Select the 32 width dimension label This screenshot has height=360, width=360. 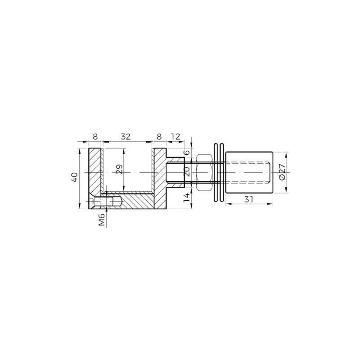click(126, 137)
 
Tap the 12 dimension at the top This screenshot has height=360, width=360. click(175, 137)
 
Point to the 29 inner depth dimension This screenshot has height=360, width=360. click(120, 169)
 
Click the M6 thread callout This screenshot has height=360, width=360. click(102, 220)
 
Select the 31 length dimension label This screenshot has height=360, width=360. click(248, 199)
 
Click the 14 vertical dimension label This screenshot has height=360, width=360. click(187, 198)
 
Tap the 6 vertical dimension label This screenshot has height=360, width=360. click(187, 153)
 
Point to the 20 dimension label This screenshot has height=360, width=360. click(187, 172)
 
